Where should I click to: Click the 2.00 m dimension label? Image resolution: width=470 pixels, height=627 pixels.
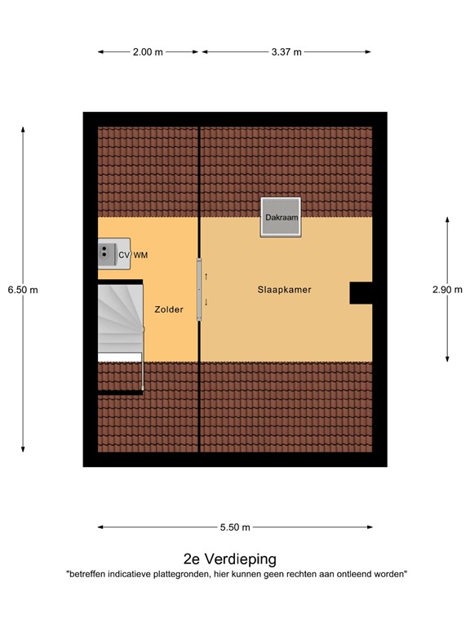coord(148,52)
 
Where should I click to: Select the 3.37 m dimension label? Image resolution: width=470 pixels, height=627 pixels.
coord(286,52)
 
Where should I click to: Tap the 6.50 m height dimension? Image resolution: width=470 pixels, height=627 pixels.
coord(23,289)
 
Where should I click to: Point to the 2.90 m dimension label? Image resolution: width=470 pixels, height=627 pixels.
coord(447,289)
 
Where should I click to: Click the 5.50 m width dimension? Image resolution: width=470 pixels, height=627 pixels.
coord(234,527)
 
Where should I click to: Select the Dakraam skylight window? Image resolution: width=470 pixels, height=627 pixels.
coord(280,217)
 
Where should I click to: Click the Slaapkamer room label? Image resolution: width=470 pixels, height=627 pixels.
coord(284,290)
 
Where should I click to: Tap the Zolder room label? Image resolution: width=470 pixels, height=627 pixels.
coord(169,309)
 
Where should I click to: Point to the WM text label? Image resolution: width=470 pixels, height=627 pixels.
coord(141,256)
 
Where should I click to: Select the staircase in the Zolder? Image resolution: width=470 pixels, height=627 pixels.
coord(119,320)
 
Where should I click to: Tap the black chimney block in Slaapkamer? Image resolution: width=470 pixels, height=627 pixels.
coord(361,292)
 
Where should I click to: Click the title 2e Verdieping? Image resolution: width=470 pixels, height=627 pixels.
coord(230,559)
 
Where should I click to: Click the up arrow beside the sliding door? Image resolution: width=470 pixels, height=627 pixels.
coord(206,277)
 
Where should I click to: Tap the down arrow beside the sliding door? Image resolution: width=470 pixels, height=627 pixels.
coord(206,302)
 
